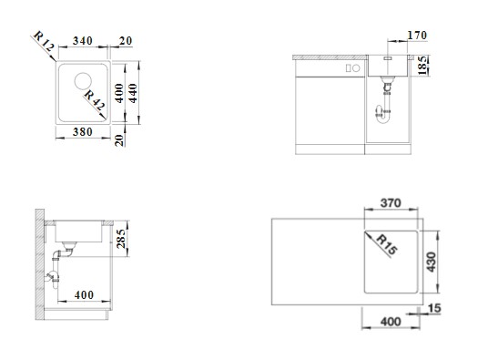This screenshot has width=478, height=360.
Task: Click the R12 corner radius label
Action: coord(44,42)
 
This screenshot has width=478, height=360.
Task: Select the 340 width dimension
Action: coord(82,41)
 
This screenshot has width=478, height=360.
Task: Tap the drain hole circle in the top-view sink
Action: coord(83,81)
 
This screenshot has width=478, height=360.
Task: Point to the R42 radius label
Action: coord(95,99)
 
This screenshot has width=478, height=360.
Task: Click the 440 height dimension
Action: coord(134,93)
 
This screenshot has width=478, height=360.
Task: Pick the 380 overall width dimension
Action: coord(82,132)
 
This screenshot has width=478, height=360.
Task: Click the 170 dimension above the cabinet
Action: coord(417,36)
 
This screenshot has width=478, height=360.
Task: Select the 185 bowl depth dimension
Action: coord(422,65)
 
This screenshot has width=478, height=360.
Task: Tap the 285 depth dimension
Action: coord(121,238)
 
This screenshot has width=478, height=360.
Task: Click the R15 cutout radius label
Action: coord(387,244)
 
